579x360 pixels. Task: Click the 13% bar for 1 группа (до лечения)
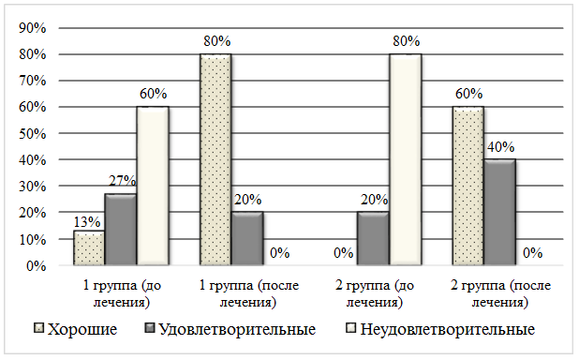pos(89,248)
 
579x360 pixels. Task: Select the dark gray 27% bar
pos(121,230)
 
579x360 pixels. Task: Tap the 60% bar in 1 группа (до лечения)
pos(153,186)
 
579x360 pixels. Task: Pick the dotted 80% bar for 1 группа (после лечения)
pos(215,159)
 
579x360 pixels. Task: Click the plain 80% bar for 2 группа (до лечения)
pos(406,159)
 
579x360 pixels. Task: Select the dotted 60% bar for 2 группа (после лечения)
pos(468,186)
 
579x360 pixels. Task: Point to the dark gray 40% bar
pos(500,212)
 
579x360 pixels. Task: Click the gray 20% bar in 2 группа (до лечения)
pos(373,238)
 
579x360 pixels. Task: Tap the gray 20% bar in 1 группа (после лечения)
pos(247,238)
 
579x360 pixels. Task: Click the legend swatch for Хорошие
pos(38,328)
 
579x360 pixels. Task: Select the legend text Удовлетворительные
pos(237,329)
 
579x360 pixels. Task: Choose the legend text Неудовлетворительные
pos(448,329)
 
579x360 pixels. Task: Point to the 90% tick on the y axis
pos(33,28)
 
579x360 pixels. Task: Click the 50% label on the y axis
pos(33,133)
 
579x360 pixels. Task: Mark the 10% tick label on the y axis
pos(33,239)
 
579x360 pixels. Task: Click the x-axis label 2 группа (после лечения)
pos(500,293)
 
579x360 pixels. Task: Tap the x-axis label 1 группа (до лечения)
pos(122,293)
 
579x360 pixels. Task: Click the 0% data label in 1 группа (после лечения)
pos(279,253)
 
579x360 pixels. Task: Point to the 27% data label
pos(122,180)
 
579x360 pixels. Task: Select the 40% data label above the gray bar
pos(500,147)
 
